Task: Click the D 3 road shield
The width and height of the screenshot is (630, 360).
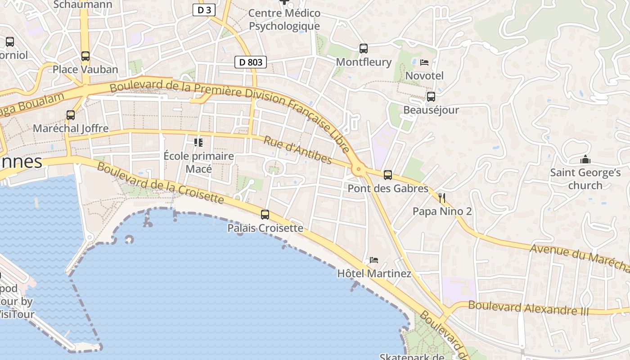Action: (204, 10)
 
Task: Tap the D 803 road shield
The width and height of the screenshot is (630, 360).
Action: (251, 62)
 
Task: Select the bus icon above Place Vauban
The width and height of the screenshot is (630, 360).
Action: (85, 56)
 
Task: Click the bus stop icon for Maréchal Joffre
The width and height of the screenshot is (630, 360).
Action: (71, 115)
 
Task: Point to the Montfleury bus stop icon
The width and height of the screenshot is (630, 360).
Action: (364, 49)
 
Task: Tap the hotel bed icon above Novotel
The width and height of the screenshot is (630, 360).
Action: (424, 63)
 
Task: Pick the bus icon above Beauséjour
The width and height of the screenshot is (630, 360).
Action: (431, 97)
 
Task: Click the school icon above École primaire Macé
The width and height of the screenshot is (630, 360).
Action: (198, 143)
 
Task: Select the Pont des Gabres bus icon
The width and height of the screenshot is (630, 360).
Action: (388, 175)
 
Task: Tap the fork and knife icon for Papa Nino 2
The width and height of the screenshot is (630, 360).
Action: (441, 198)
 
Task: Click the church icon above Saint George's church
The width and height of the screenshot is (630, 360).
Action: (585, 160)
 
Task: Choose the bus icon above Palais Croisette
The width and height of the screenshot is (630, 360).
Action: (265, 215)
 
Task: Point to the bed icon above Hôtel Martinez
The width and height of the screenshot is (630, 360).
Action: (373, 260)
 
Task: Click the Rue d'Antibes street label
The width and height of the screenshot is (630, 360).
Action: (297, 150)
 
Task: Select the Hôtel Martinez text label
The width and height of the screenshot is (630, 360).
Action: (374, 274)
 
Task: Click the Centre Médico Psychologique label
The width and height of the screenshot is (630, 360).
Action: (284, 20)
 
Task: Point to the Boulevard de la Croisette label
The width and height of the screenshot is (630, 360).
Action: (160, 182)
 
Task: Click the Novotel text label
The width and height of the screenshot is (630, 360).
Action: (424, 76)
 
